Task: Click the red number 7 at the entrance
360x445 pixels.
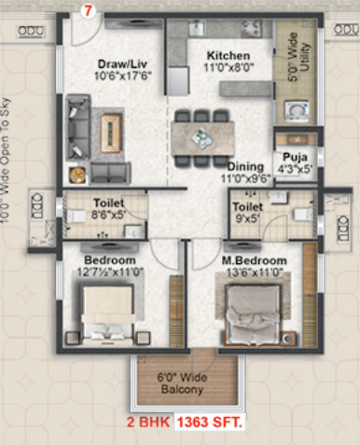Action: [x=89, y=11]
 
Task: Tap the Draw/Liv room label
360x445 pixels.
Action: [x=122, y=64]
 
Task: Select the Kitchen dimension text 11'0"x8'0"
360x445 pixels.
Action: [x=228, y=67]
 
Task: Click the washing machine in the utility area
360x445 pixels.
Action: [x=297, y=110]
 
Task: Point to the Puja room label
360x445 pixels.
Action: [x=295, y=157]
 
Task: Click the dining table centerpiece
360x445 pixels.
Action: [x=201, y=137]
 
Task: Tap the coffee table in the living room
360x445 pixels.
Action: [x=110, y=133]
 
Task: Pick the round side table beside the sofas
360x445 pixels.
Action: [x=77, y=175]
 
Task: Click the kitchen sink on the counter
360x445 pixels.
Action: [x=197, y=28]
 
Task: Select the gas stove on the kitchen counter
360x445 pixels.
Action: [x=251, y=29]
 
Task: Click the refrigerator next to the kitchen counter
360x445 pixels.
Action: [x=178, y=80]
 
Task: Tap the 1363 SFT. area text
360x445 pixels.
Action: [x=209, y=423]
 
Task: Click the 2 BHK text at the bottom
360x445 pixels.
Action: [x=148, y=423]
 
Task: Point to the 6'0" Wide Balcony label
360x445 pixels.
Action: [x=182, y=383]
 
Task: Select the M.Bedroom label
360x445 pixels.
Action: [x=254, y=260]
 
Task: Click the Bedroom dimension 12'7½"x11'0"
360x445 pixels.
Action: [x=110, y=272]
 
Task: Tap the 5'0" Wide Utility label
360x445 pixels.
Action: [x=298, y=57]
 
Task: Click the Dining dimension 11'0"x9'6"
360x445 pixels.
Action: [x=245, y=179]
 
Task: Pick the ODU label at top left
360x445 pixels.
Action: [x=31, y=31]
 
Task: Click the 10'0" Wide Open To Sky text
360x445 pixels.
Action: [x=6, y=160]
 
